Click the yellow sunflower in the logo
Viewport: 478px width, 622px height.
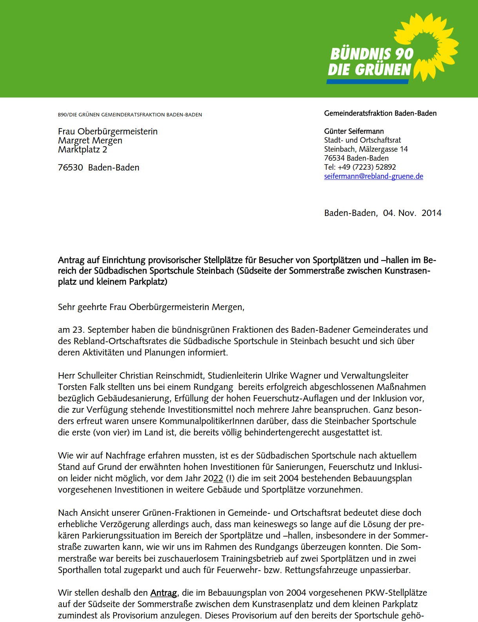coord(429,45)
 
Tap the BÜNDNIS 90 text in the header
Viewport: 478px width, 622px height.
coord(372,54)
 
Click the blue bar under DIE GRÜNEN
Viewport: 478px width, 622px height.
coord(367,82)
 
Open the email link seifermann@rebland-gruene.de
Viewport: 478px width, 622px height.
coord(373,176)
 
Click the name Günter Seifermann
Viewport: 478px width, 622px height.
coord(354,131)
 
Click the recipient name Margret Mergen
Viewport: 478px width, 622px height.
coord(90,140)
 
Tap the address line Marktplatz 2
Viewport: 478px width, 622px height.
coord(82,149)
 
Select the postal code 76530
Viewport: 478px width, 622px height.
coord(71,168)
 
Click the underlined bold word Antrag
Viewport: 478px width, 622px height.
coord(164,593)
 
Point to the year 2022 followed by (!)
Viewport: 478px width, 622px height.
coord(213,479)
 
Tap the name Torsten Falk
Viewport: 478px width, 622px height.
coord(78,387)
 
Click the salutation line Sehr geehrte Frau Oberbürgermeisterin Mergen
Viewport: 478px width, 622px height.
coord(151,307)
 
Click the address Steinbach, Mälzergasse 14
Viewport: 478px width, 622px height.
coord(366,149)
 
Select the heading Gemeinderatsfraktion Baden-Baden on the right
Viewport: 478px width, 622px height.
coord(380,113)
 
